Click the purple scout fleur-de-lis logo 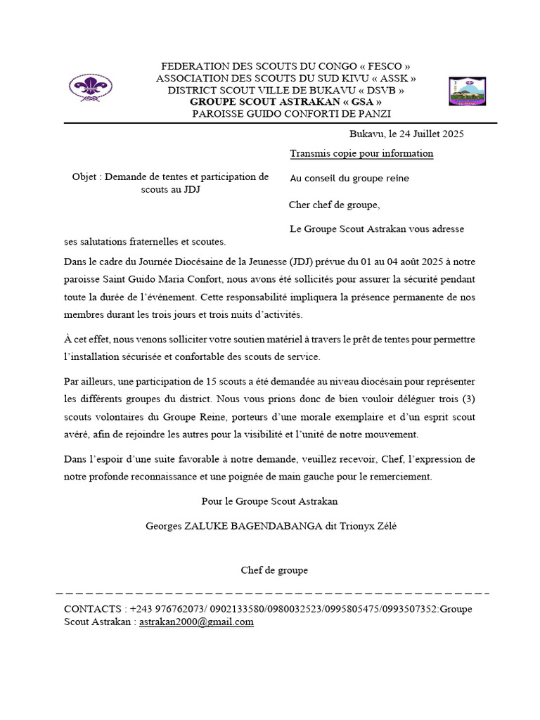pyautogui.click(x=89, y=88)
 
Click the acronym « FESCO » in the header pyautogui.click(x=380, y=66)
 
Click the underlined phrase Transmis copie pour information pyautogui.click(x=361, y=153)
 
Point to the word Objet pyautogui.click(x=85, y=177)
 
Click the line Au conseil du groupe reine pyautogui.click(x=349, y=179)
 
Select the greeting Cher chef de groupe pyautogui.click(x=334, y=205)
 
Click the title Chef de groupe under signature pyautogui.click(x=274, y=570)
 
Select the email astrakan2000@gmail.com pyautogui.click(x=196, y=622)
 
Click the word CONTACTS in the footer pyautogui.click(x=92, y=609)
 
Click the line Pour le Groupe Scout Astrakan pyautogui.click(x=269, y=501)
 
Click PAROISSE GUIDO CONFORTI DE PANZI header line pyautogui.click(x=292, y=114)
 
